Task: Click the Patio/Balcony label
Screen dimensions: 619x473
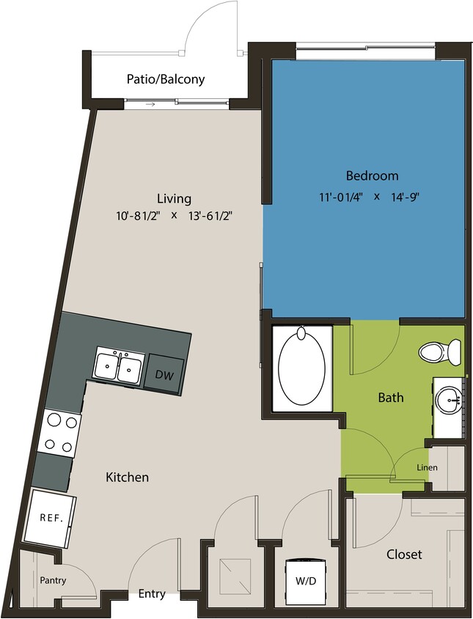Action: tap(165, 79)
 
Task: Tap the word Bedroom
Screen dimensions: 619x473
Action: tap(372, 176)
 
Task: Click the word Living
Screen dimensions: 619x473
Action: tap(174, 198)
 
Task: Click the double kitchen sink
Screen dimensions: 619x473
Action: tap(118, 364)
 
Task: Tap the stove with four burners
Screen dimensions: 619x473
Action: tap(59, 432)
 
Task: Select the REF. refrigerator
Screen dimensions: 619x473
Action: tap(51, 518)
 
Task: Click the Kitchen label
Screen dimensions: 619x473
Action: tap(128, 477)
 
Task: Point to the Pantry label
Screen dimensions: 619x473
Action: tap(53, 581)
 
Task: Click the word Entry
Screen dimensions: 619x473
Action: tap(151, 594)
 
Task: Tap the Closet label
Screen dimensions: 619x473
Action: tap(404, 554)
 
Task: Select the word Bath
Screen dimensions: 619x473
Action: tap(391, 398)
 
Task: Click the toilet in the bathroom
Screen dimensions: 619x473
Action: tap(440, 351)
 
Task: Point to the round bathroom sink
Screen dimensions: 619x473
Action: tap(447, 400)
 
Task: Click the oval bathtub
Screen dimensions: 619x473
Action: tap(301, 367)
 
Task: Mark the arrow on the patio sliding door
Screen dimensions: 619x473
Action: tap(150, 104)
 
